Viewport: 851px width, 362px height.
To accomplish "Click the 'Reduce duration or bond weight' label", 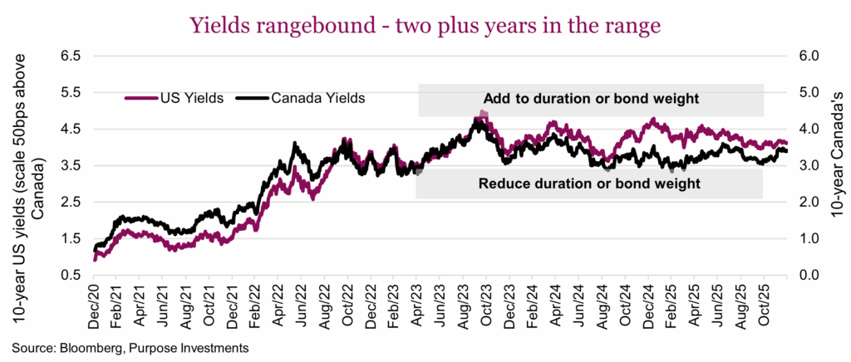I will pos(589,182).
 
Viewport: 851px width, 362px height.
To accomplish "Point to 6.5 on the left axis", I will pos(70,56).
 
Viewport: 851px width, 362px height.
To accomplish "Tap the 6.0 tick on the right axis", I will pos(809,56).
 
